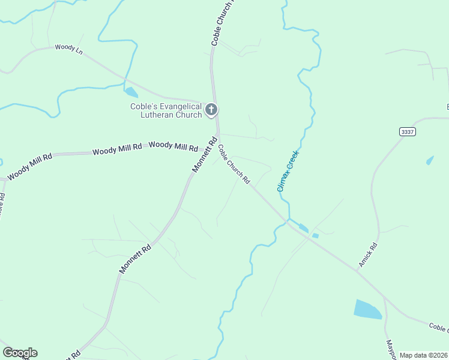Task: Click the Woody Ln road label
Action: pos(68,48)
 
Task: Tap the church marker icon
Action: pos(211,110)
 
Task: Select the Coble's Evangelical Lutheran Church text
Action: pos(166,110)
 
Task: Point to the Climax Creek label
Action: pos(288,171)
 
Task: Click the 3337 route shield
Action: pos(406,131)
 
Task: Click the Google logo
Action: pos(20,353)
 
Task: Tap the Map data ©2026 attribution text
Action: pos(423,355)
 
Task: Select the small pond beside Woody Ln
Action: pos(131,92)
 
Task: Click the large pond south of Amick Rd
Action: pos(367,309)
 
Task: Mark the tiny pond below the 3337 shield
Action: pos(429,161)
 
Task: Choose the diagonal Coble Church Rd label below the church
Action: pos(234,164)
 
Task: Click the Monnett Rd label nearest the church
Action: pos(204,155)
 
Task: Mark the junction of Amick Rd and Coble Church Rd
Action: pos(358,271)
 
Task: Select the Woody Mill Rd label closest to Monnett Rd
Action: pos(173,146)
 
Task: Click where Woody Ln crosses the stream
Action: pos(124,79)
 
